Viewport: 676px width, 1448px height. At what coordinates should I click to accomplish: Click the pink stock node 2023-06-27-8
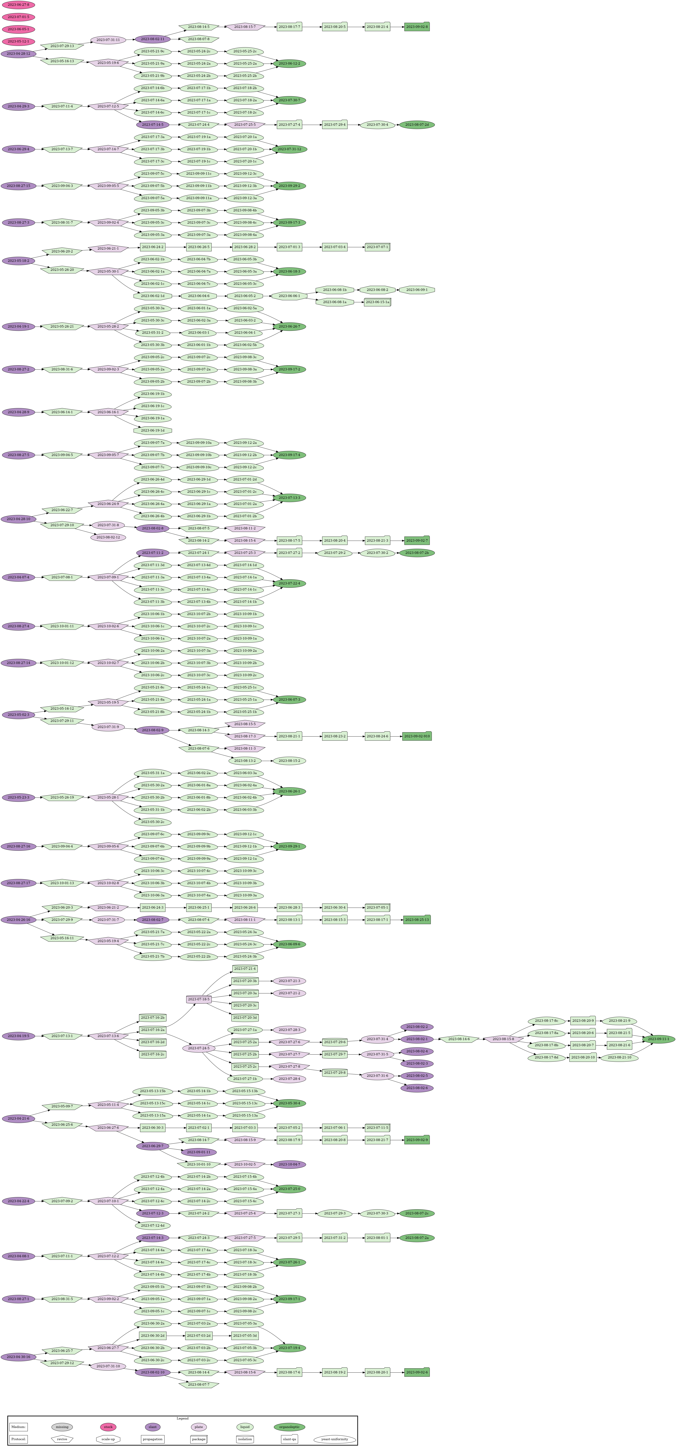(19, 4)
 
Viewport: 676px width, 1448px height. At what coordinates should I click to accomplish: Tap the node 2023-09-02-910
(416, 736)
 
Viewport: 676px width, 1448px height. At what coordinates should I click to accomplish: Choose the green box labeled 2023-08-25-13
(416, 920)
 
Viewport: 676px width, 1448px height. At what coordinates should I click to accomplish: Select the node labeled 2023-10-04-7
(289, 1164)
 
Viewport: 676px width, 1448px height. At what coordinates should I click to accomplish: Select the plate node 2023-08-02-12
(108, 537)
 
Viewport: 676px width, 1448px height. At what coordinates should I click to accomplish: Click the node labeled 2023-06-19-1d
(152, 431)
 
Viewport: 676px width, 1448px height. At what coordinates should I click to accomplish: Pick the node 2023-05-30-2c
(152, 822)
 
